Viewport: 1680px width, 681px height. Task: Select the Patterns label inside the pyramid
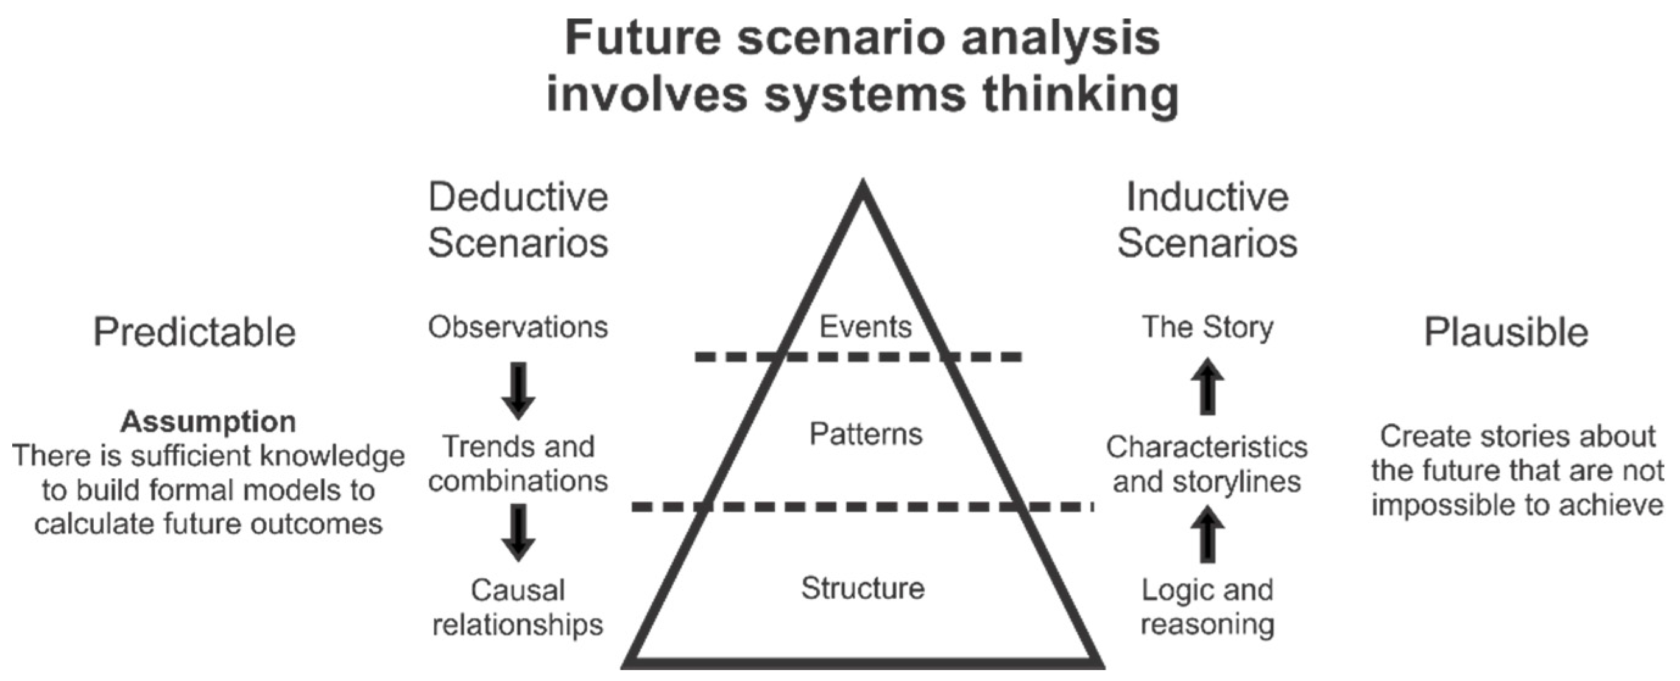(x=866, y=434)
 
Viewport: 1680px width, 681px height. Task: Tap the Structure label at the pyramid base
(x=862, y=588)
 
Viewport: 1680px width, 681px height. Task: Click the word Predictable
(x=194, y=332)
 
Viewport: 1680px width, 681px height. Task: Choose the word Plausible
(x=1505, y=332)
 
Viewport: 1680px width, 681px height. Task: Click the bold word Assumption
(x=207, y=422)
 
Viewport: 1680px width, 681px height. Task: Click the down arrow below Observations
(x=518, y=390)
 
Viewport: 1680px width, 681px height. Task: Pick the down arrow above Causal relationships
(x=518, y=532)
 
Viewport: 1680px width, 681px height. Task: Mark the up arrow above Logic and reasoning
(x=1207, y=535)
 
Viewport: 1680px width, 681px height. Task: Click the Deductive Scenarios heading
(x=518, y=220)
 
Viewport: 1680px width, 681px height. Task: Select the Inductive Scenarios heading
(x=1207, y=220)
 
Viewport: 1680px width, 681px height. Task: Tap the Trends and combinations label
(x=518, y=464)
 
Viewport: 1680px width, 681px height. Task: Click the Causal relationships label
(x=518, y=607)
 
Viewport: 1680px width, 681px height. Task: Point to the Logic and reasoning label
(x=1207, y=607)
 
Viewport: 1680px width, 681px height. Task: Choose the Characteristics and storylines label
(x=1207, y=464)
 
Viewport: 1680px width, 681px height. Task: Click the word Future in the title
(x=643, y=38)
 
